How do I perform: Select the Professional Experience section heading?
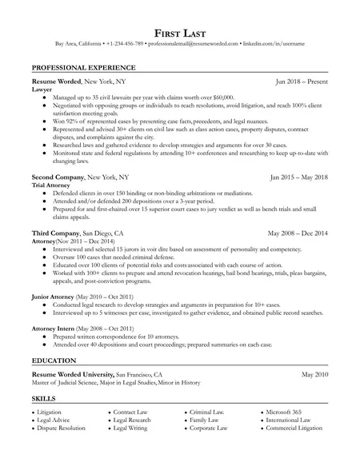coord(83,68)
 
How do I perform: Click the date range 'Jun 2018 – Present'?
coord(302,82)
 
